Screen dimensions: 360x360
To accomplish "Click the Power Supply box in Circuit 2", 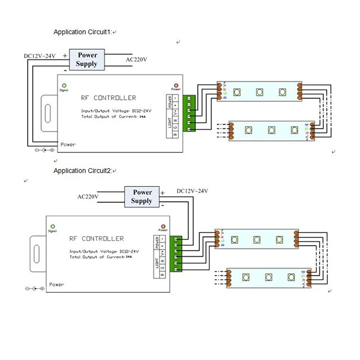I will (142, 197).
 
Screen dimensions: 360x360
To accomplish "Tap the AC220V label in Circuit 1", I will (136, 59).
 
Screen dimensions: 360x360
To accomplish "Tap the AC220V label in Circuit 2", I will (88, 197).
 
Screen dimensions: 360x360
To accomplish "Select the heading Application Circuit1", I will (83, 32).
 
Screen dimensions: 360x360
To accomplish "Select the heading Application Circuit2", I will (83, 171).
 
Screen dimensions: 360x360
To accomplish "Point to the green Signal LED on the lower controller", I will (53, 226).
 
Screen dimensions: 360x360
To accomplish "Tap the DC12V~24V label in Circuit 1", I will (40, 56).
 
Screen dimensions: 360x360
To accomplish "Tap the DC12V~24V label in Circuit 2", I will (192, 191).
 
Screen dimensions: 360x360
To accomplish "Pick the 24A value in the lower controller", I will (129, 257).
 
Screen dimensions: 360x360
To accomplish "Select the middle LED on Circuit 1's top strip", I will (259, 92).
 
